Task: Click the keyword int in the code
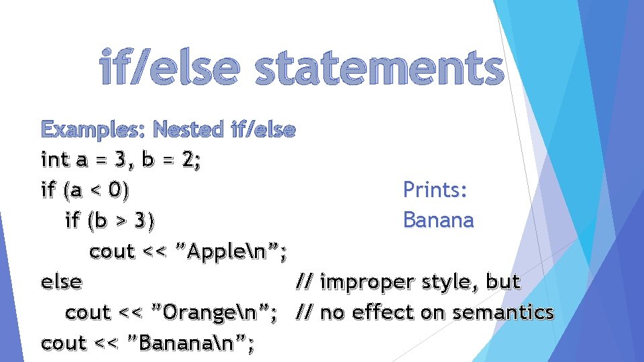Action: pyautogui.click(x=54, y=160)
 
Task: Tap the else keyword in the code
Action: pyautogui.click(x=61, y=282)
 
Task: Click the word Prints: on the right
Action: pyautogui.click(x=435, y=190)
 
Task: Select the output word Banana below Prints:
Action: pyautogui.click(x=438, y=220)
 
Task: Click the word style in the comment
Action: pyautogui.click(x=449, y=282)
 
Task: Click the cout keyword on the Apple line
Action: pyautogui.click(x=112, y=251)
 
